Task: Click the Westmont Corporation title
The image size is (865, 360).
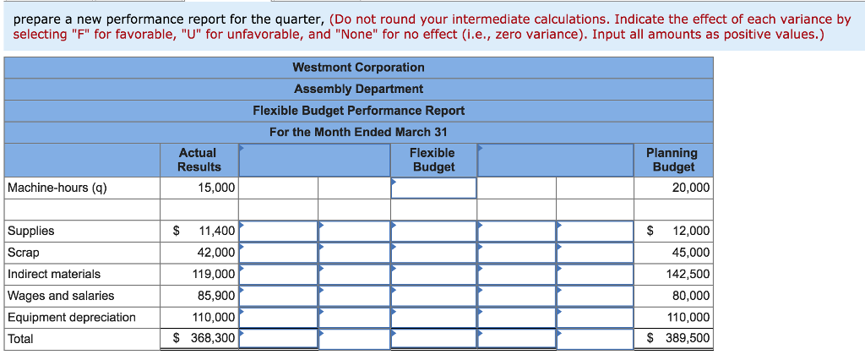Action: point(358,68)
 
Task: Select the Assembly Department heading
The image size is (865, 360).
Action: point(358,89)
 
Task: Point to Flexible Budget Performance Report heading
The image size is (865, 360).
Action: point(358,111)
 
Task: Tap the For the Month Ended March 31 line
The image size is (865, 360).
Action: point(358,132)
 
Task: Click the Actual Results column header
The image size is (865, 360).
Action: point(199,160)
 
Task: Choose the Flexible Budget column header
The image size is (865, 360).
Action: point(433,160)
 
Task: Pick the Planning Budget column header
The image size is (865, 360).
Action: point(672,160)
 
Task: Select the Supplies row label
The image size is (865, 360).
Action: point(31,231)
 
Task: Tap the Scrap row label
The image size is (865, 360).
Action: point(24,253)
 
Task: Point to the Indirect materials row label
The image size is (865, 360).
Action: point(54,274)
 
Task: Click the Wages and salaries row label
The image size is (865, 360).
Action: point(61,296)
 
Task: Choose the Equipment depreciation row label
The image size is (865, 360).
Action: point(72,317)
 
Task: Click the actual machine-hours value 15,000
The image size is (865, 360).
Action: point(216,188)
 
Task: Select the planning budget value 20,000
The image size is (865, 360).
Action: point(691,188)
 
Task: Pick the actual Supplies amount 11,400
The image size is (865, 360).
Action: point(216,231)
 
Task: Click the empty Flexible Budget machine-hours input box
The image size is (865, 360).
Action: point(433,188)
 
